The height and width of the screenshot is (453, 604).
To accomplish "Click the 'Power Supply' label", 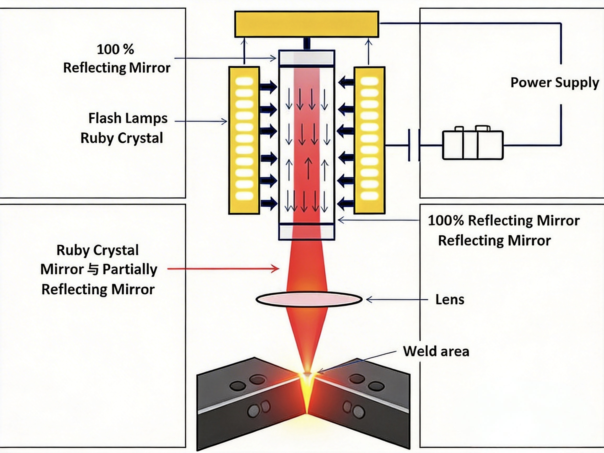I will [x=554, y=83].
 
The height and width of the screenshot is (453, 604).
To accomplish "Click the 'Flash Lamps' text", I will [x=128, y=118].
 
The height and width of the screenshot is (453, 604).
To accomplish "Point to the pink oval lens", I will [x=309, y=300].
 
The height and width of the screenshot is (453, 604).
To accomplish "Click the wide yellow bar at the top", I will [x=306, y=24].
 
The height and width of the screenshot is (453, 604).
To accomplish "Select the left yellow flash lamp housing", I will [x=244, y=140].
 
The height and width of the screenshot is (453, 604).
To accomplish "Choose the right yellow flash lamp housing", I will [x=369, y=140].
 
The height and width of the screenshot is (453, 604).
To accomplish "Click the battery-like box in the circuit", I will [x=472, y=145].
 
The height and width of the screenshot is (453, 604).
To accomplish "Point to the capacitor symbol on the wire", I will [x=414, y=145].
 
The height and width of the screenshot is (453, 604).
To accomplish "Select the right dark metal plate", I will [x=363, y=401].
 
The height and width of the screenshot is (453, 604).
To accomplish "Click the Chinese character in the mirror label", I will [x=93, y=270].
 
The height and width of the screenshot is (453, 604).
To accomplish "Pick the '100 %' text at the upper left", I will [x=115, y=50].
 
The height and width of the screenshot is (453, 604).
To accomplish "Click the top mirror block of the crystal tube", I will [x=306, y=58].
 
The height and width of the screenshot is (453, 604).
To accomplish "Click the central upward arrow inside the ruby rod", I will [x=308, y=168].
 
